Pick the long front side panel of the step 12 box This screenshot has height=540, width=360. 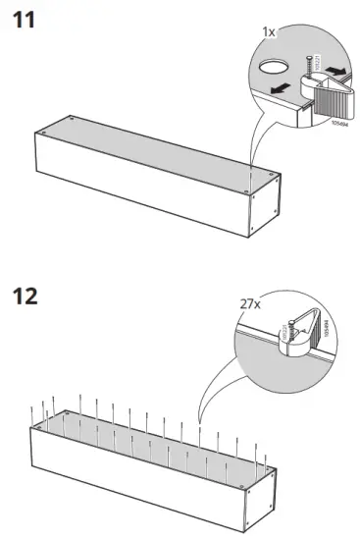tap(137, 476)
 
